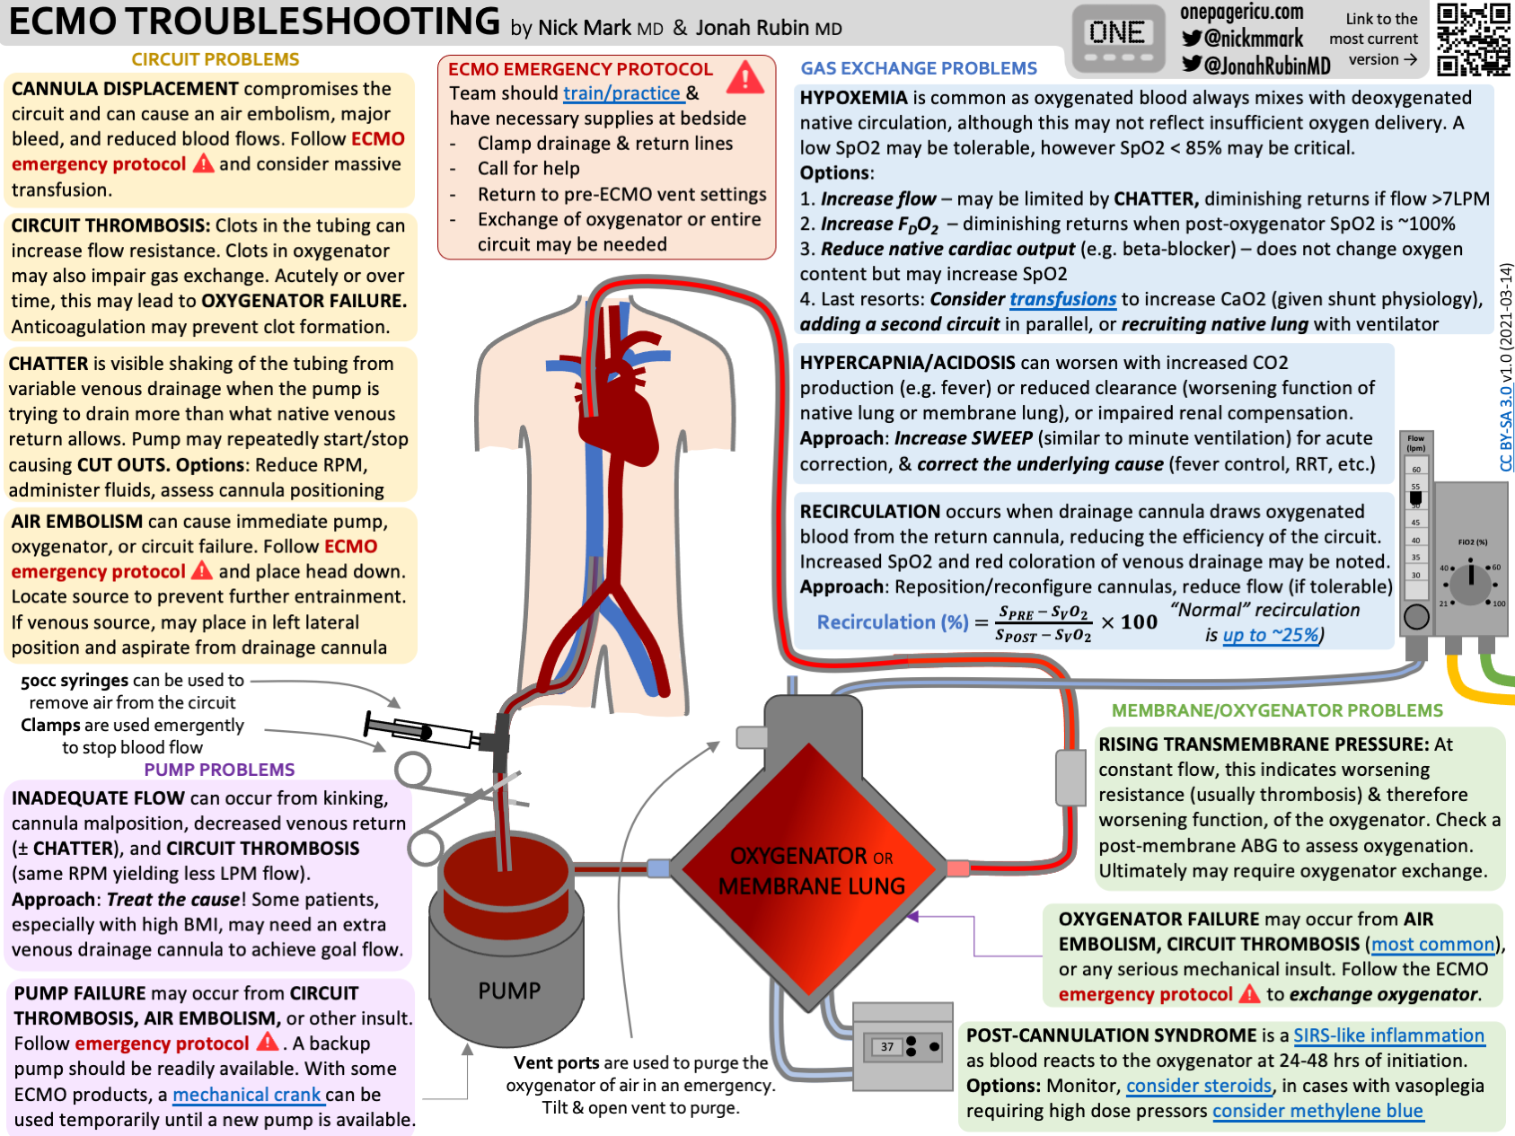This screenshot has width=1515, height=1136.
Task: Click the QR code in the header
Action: tap(1473, 39)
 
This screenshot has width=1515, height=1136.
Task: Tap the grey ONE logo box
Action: tap(1117, 39)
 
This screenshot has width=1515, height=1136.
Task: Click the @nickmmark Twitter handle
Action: tap(1243, 39)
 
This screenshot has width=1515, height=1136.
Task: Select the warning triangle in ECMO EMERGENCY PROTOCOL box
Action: tap(745, 78)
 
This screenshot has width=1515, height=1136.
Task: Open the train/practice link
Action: tap(621, 93)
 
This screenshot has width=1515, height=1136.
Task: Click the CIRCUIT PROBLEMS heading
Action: tap(215, 59)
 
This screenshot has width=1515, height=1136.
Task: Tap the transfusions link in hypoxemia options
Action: tap(1062, 299)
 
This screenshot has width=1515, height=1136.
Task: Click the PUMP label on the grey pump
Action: tap(509, 991)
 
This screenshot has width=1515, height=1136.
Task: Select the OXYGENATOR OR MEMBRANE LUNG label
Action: tap(812, 870)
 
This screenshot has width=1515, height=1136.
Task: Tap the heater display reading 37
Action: tap(887, 1046)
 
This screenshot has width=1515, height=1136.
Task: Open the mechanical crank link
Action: tap(247, 1095)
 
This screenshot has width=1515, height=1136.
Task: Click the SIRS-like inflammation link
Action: tap(1388, 1035)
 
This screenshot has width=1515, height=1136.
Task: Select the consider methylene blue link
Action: tap(1317, 1111)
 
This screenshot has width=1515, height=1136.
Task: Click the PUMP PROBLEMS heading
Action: tap(219, 770)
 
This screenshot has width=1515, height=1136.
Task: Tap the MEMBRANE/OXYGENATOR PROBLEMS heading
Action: tap(1276, 710)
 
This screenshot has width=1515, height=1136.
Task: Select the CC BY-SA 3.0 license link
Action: tap(1506, 427)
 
